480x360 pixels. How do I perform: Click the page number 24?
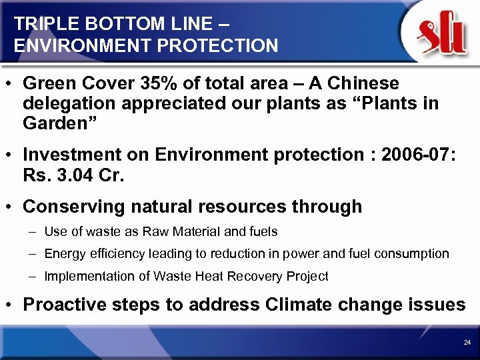466,342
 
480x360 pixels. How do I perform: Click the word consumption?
416,254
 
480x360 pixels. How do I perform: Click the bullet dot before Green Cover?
12,84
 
